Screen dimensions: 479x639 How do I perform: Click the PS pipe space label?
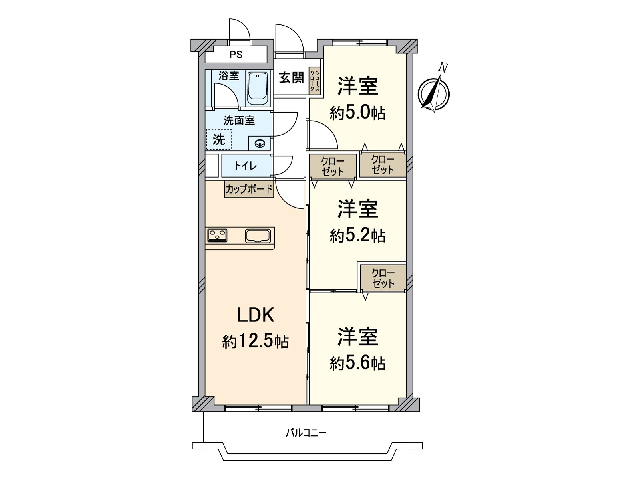tap(236, 55)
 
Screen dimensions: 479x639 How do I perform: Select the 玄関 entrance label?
tap(291, 77)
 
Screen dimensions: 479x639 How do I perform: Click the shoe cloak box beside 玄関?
tap(315, 81)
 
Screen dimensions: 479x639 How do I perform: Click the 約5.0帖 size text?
tap(357, 113)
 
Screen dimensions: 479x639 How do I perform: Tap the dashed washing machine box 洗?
tap(219, 139)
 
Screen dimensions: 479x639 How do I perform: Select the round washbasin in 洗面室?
tap(260, 143)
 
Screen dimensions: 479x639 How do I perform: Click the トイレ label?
tap(246, 166)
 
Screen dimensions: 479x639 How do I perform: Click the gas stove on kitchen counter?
tap(217, 235)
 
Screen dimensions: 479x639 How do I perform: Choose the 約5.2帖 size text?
tap(357, 236)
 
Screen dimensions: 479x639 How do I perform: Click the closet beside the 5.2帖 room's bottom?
tap(383, 278)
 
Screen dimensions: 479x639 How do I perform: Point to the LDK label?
tap(256, 315)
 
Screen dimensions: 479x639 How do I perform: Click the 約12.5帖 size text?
tap(256, 341)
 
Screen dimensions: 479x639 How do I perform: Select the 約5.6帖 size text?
tap(357, 363)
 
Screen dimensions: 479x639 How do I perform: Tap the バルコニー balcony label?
tap(306, 433)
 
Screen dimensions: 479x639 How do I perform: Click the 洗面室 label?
tap(239, 120)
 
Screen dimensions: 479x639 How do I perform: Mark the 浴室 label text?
tap(229, 76)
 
